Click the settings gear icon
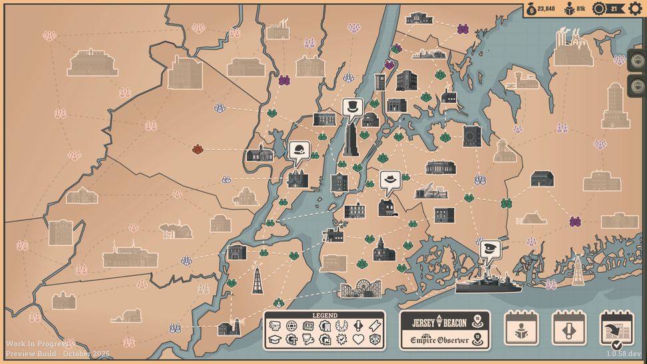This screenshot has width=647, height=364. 635,9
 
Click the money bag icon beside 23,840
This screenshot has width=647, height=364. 531,9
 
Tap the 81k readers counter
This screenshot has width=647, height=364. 575,9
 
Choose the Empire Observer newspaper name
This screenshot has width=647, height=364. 438,340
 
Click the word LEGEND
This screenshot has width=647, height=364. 324,315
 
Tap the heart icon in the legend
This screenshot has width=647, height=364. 358,339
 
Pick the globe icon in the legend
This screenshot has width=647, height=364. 291,326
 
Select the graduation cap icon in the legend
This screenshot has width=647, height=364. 274,339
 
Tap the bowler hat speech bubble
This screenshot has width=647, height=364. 300,151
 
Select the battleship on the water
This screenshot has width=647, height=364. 485,283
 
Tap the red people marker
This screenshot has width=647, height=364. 198,149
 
